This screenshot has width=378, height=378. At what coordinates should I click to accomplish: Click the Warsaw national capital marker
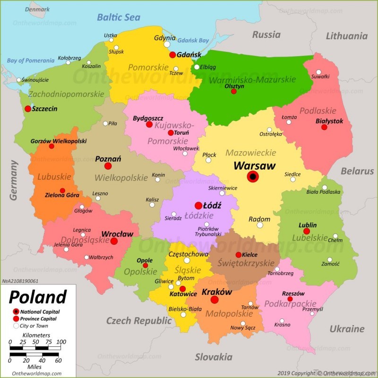click(x=253, y=177)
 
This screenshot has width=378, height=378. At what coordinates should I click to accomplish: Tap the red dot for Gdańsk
click(x=173, y=55)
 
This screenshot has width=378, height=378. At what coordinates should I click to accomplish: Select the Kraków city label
click(x=217, y=292)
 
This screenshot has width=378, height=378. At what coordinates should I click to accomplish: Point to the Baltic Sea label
click(x=119, y=17)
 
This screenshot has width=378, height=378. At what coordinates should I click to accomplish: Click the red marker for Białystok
click(x=324, y=128)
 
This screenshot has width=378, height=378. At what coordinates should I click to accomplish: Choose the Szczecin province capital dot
click(x=27, y=109)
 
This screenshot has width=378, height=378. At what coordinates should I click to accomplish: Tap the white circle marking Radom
click(x=260, y=225)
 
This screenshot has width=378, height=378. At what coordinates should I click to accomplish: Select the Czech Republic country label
click(x=138, y=321)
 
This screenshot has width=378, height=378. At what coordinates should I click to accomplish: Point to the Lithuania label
click(x=346, y=36)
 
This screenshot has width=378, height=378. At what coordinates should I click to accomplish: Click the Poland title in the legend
click(x=38, y=297)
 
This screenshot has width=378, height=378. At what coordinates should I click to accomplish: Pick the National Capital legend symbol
click(x=16, y=311)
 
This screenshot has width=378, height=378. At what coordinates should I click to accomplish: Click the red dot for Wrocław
click(x=114, y=241)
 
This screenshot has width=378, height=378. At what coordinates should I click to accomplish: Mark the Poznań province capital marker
click(x=108, y=166)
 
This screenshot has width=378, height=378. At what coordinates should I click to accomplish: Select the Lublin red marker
click(x=307, y=232)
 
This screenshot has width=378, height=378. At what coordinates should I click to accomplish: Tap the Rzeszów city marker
click(x=290, y=299)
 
